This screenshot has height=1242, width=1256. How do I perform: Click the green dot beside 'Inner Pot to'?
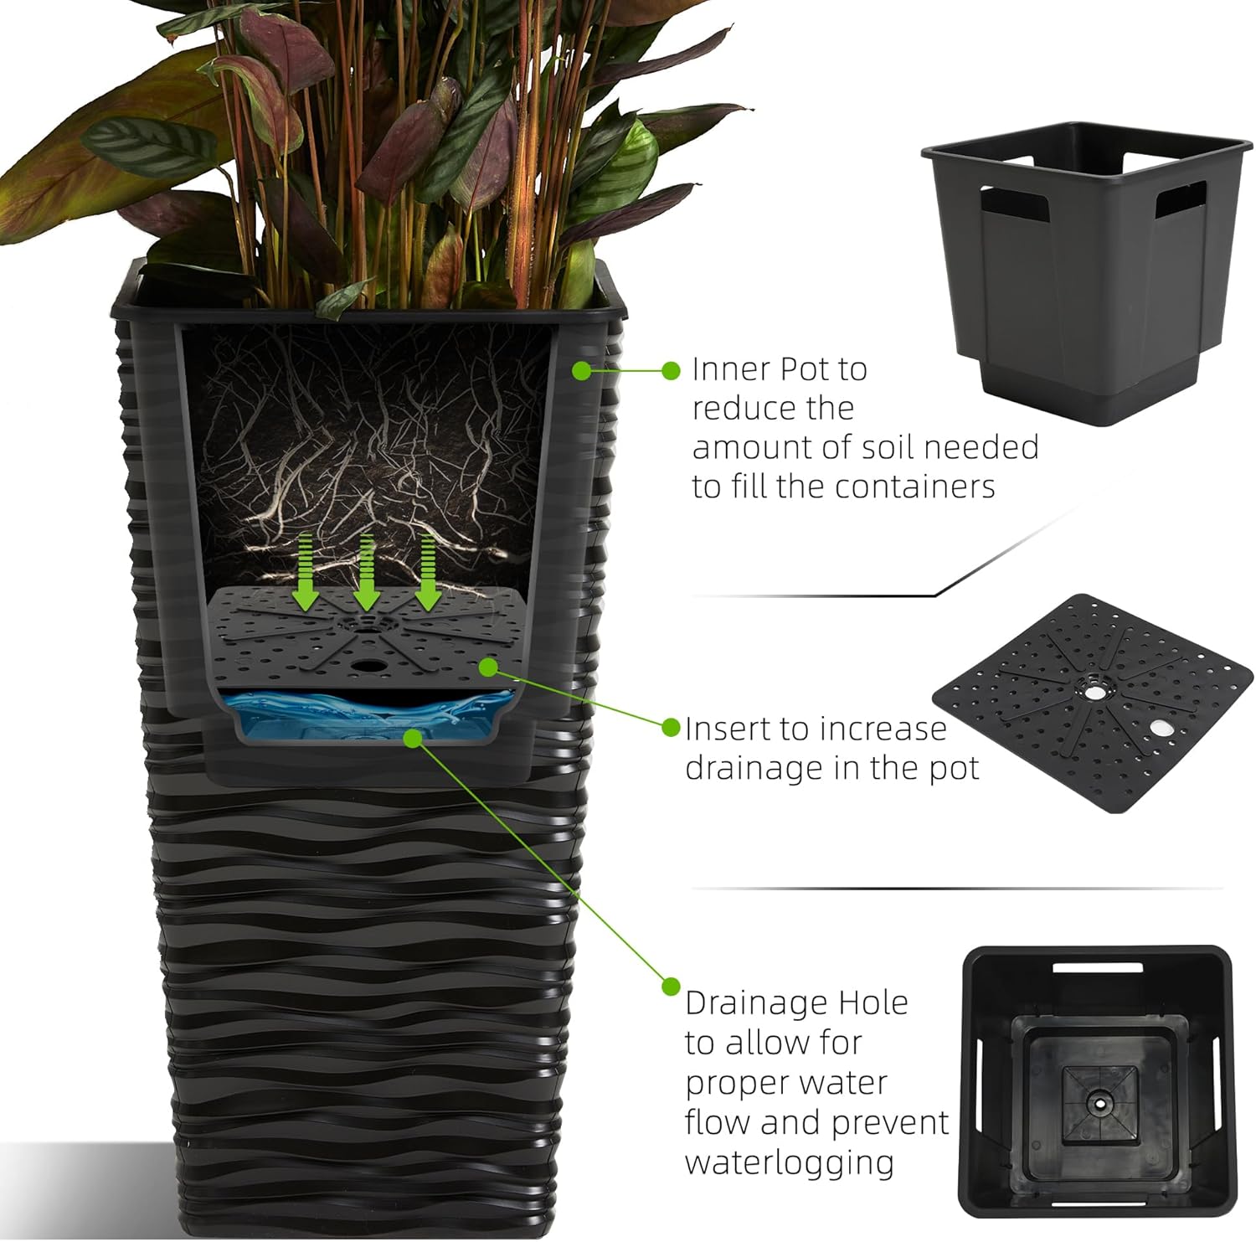(671, 370)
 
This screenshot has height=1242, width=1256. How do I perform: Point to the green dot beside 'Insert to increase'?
(671, 727)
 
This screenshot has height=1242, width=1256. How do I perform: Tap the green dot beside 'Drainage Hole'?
(671, 986)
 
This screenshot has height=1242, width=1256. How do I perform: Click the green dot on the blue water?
(412, 737)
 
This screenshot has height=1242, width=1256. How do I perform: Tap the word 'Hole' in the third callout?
(876, 1002)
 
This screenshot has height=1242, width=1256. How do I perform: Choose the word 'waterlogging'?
(789, 1163)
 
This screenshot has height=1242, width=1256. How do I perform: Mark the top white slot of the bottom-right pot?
(1098, 968)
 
